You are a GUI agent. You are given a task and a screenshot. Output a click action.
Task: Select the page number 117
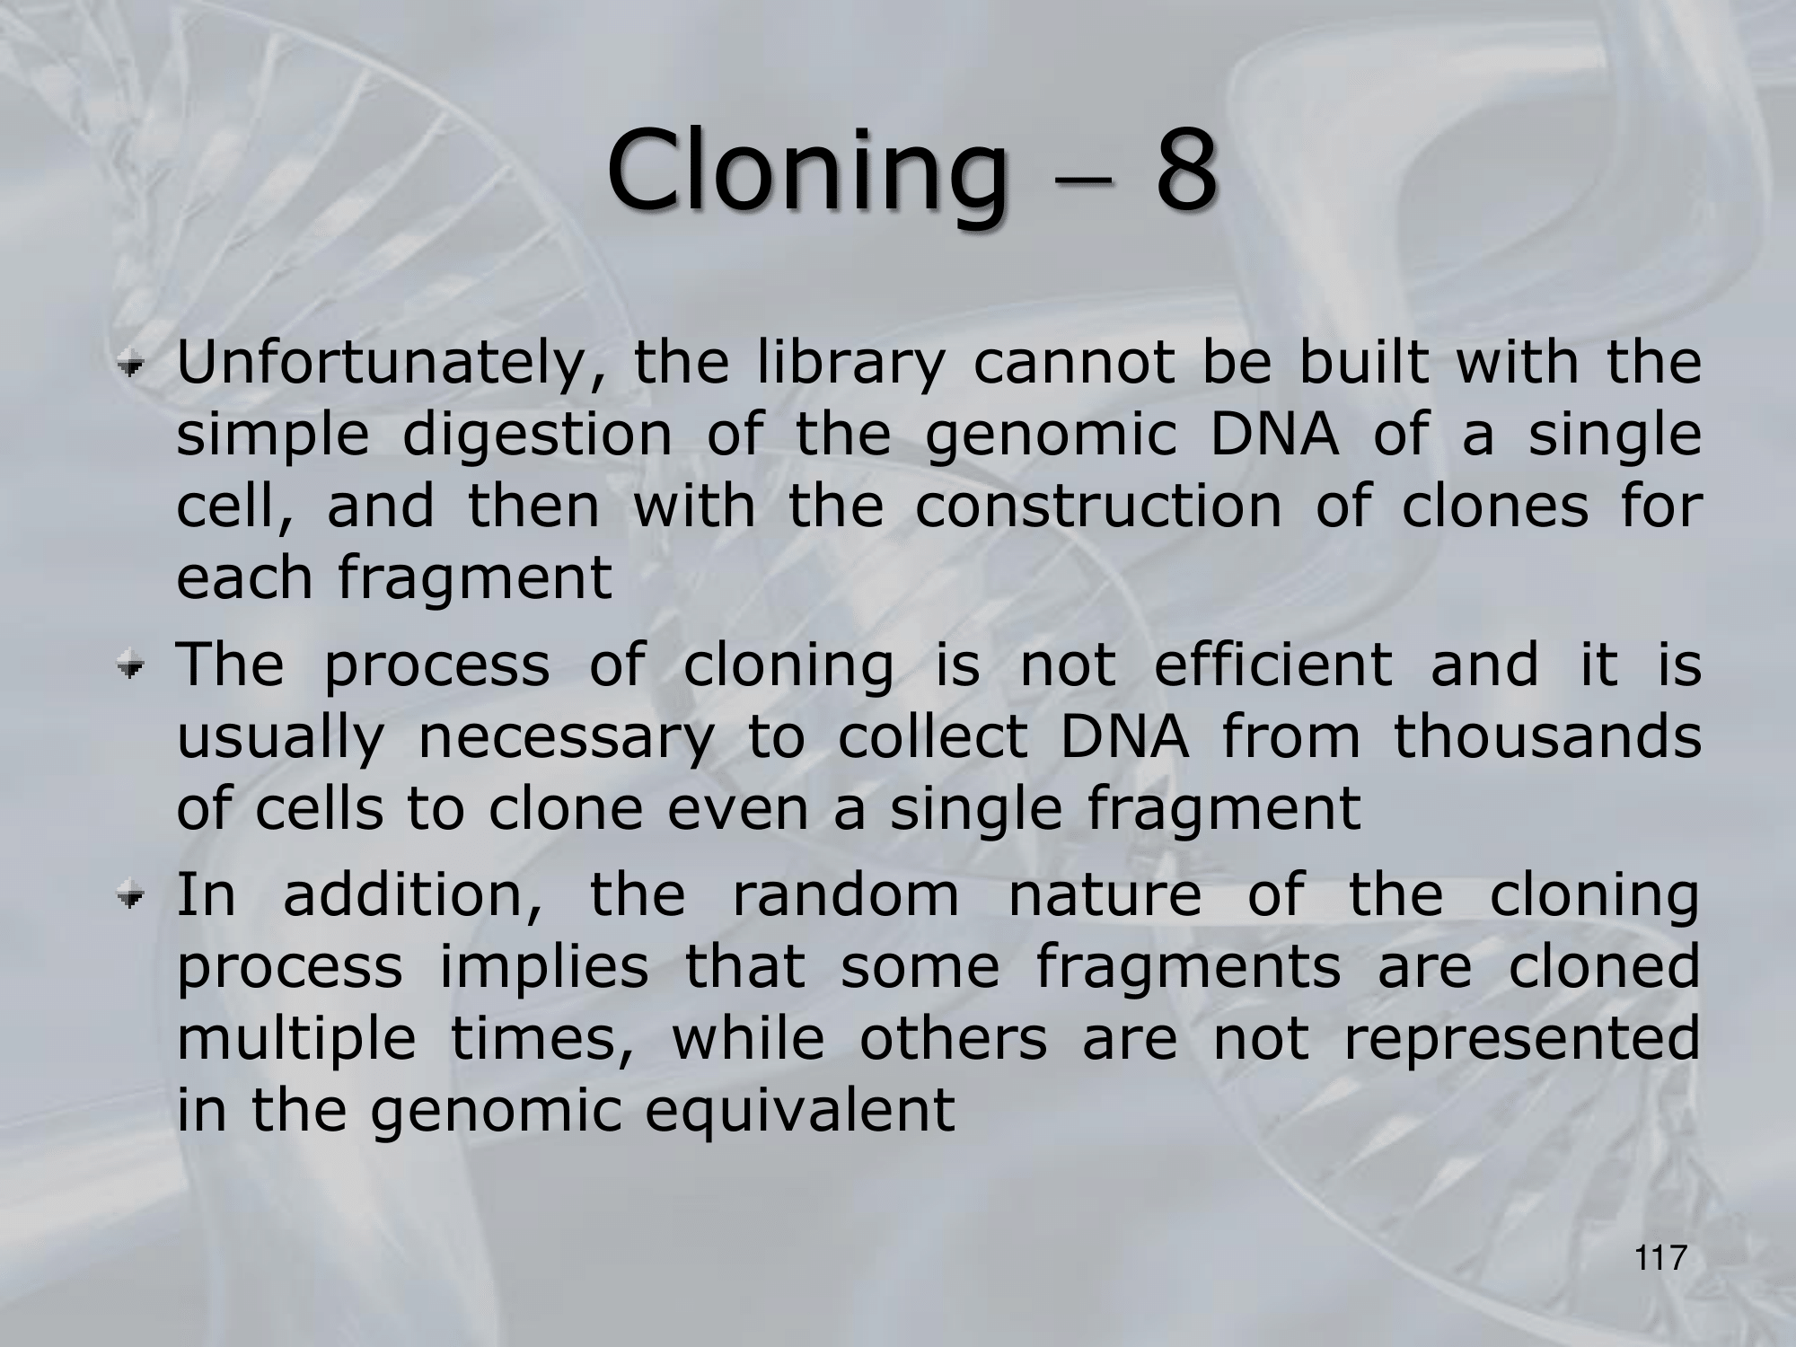pyautogui.click(x=1660, y=1258)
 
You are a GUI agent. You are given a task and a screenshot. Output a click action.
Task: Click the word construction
pyautogui.click(x=1098, y=505)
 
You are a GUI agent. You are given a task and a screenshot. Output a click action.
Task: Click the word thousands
pyautogui.click(x=1547, y=735)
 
